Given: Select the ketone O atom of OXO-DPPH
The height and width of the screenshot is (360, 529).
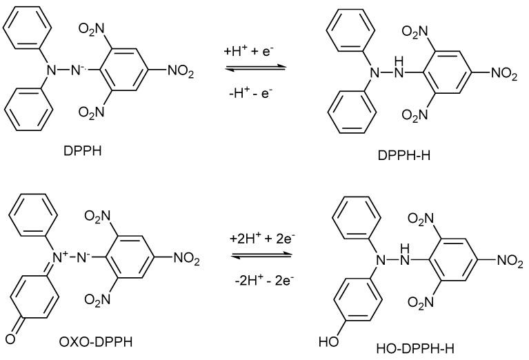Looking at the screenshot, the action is pyautogui.click(x=9, y=337).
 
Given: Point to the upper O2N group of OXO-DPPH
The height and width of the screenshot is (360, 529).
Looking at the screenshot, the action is pyautogui.click(x=97, y=217).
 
